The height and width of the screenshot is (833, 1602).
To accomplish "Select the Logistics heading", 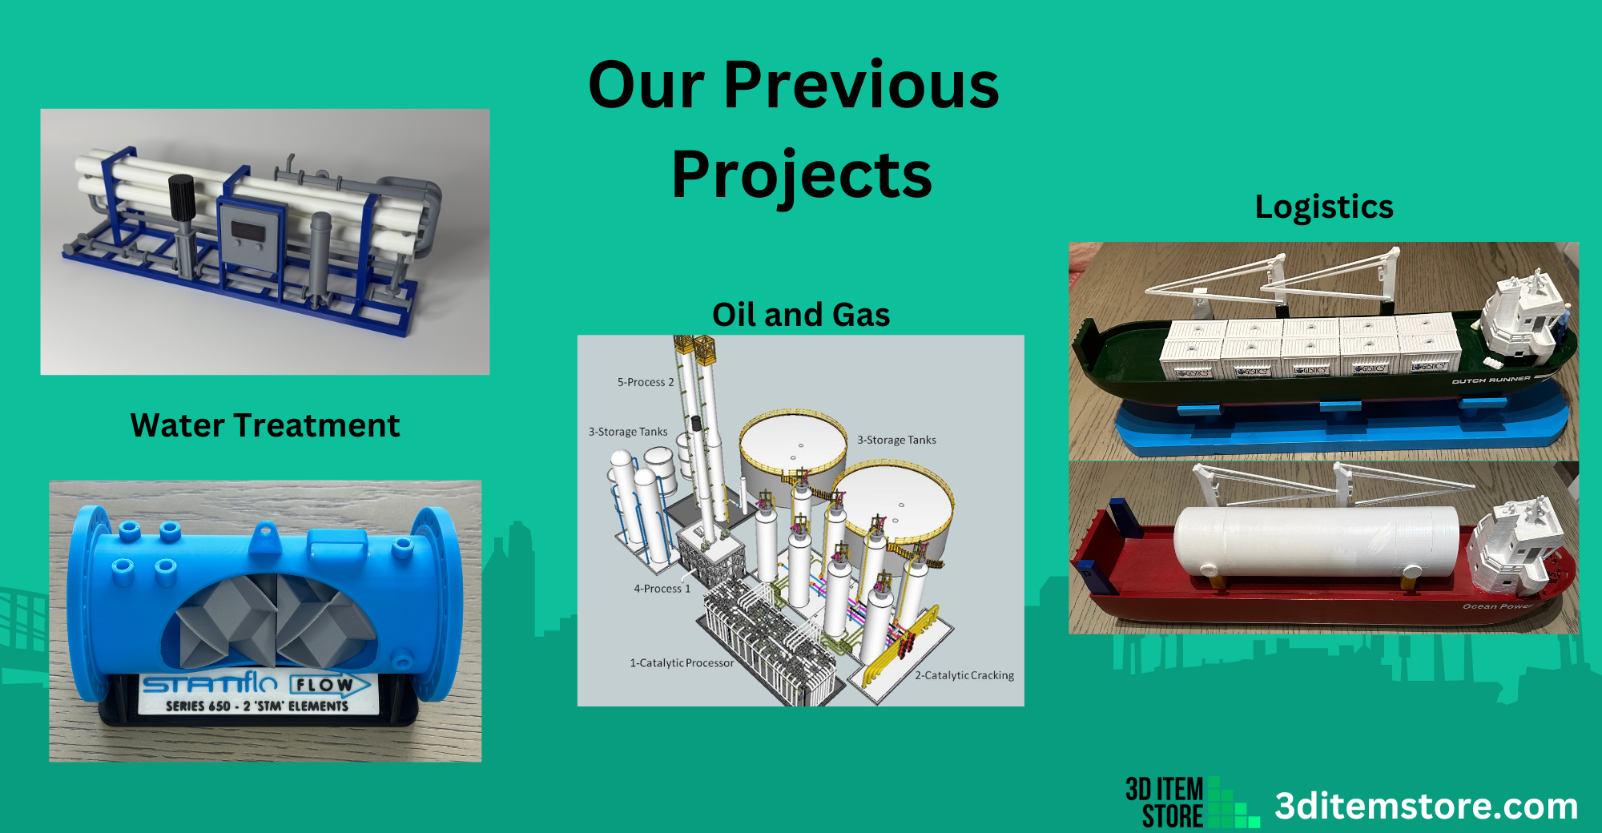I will tap(1324, 207).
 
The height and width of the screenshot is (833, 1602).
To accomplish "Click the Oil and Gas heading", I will tap(801, 315).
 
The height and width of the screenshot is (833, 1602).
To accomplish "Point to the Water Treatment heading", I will tap(264, 425).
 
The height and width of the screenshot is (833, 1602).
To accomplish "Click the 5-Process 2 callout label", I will tap(646, 382).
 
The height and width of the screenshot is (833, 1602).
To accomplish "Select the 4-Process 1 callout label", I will tap(662, 589).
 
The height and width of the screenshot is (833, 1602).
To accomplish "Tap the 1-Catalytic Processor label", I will tap(682, 663).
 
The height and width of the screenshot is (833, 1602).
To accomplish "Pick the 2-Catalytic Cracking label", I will tap(964, 675).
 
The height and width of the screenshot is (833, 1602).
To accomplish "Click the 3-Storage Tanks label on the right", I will tap(896, 440).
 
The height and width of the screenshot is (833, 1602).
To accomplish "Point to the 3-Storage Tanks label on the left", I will tap(628, 432).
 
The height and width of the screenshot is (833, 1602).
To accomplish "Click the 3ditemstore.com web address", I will tap(1426, 806).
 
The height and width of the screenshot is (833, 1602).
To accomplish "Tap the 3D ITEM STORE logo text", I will tap(1165, 803).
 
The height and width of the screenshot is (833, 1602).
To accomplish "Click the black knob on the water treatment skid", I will tap(182, 197).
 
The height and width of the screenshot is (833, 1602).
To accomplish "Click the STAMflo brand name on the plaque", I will tap(210, 683).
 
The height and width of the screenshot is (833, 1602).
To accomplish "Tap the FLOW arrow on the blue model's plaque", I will tap(328, 686).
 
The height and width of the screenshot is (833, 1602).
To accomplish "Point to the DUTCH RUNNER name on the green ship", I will tap(1491, 380).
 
